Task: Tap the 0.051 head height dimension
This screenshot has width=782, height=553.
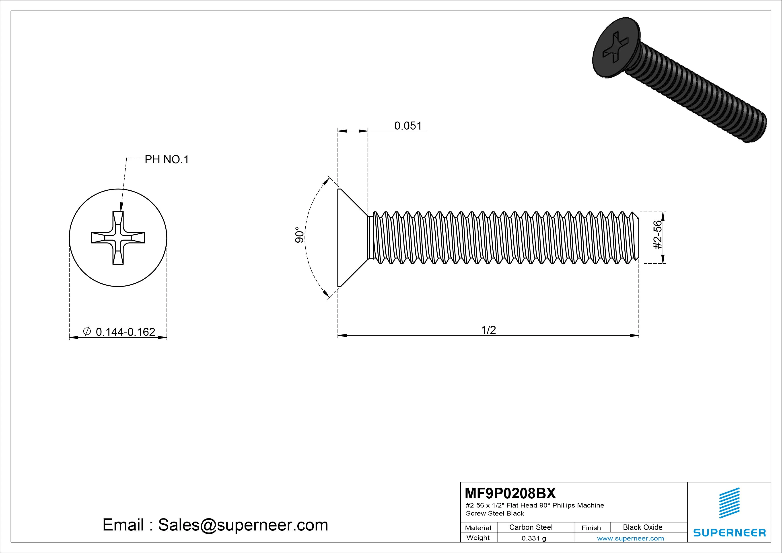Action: click(408, 126)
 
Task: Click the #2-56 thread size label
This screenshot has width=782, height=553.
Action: click(658, 235)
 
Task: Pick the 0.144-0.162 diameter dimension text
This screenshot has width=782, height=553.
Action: click(125, 332)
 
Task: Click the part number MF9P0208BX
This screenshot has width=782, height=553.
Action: click(510, 493)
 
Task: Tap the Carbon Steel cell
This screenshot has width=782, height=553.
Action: click(531, 527)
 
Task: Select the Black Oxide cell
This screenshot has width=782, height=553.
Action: click(642, 527)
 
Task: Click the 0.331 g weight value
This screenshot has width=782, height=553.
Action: click(534, 538)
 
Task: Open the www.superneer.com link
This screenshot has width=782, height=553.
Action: click(630, 538)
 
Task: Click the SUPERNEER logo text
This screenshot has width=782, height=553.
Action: click(729, 532)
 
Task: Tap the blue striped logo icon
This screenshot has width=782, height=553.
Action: click(729, 503)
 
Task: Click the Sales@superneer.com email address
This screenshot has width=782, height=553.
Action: click(243, 525)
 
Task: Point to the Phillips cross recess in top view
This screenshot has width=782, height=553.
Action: click(118, 237)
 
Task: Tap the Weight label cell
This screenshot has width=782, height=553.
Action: click(478, 538)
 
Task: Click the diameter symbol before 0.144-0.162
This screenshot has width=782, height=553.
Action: click(87, 331)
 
